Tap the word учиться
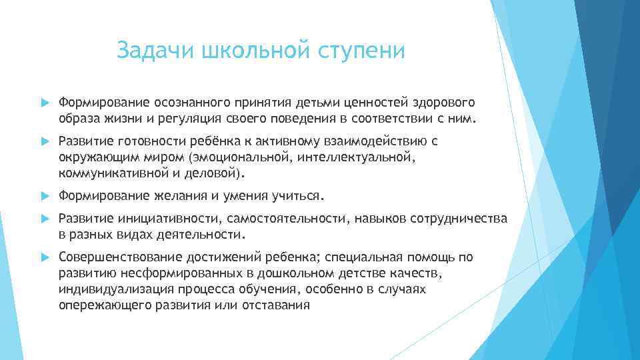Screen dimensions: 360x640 [x=297, y=197]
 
